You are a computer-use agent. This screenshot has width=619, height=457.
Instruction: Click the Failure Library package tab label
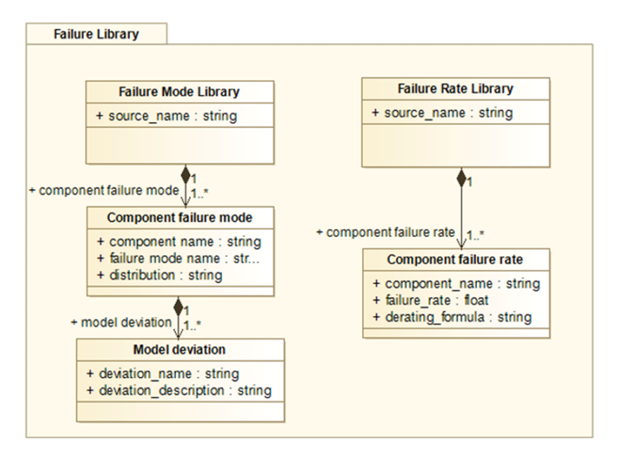[x=96, y=34]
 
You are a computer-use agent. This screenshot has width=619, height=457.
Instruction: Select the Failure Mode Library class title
[x=179, y=92]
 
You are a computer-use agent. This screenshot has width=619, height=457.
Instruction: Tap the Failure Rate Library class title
[x=455, y=89]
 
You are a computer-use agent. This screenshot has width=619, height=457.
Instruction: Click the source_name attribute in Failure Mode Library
[x=167, y=116]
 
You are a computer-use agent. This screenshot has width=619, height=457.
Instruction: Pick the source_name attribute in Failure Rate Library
[x=442, y=113]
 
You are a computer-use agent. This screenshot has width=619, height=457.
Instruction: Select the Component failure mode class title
[x=179, y=218]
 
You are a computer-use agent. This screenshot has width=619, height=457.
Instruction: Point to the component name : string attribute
[x=179, y=242]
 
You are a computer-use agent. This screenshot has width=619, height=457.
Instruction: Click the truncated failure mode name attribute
[x=179, y=258]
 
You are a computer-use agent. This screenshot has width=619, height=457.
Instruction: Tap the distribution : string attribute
[x=160, y=275]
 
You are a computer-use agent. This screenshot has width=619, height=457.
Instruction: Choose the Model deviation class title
[x=179, y=350]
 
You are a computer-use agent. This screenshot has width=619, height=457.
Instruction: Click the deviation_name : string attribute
[x=163, y=374]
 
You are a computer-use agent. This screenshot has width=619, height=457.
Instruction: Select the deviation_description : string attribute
[x=179, y=391]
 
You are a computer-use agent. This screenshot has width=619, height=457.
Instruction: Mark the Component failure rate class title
[x=455, y=259]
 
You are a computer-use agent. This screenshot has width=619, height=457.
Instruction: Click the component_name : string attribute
[x=456, y=284]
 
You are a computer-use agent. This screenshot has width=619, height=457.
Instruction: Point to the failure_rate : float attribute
[x=431, y=300]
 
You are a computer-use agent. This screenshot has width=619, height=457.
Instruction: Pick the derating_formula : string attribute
[x=452, y=317]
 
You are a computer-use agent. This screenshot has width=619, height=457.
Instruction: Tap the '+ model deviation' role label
[x=121, y=323]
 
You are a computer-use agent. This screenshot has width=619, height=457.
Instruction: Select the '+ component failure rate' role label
[x=385, y=232]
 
